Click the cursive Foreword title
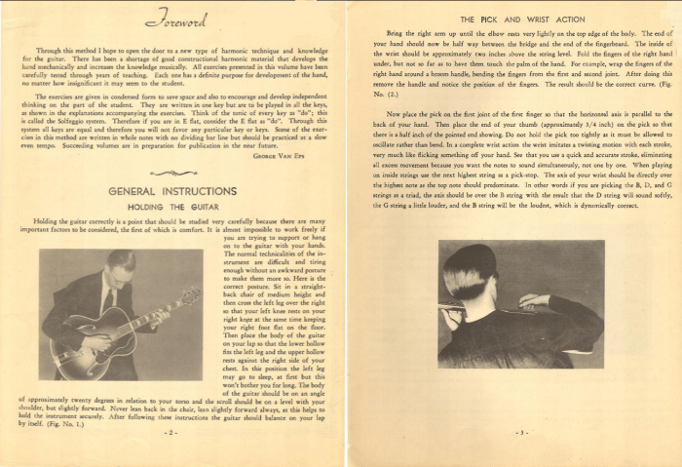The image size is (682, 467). click(167, 19)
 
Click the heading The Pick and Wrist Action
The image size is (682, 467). click(509, 19)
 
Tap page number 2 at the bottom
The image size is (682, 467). click(168, 430)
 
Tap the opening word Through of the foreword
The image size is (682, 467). click(51, 48)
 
